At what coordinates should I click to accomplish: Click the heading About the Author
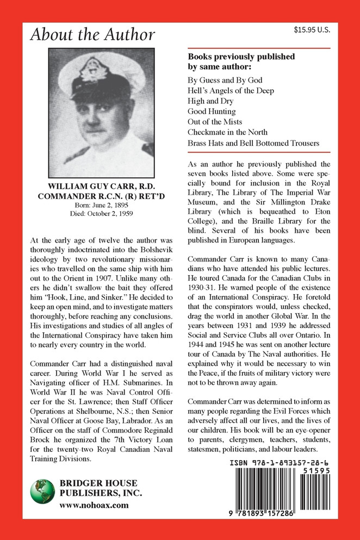click(92, 35)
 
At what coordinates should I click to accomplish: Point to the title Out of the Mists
click(215, 121)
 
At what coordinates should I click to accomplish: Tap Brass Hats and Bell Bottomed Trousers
click(253, 143)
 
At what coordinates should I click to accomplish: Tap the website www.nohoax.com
click(94, 505)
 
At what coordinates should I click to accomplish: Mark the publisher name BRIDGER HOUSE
click(98, 483)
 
